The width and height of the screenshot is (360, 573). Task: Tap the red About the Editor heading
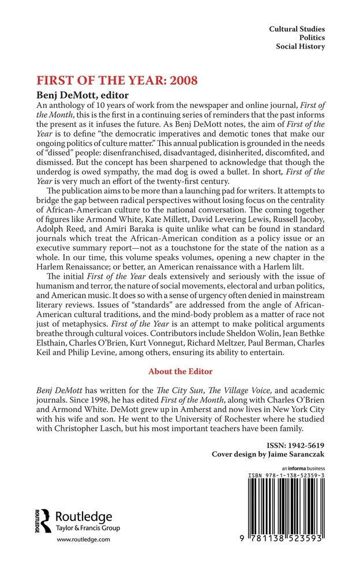180,371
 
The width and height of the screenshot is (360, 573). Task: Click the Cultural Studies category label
297,28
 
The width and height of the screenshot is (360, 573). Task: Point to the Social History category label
300,47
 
